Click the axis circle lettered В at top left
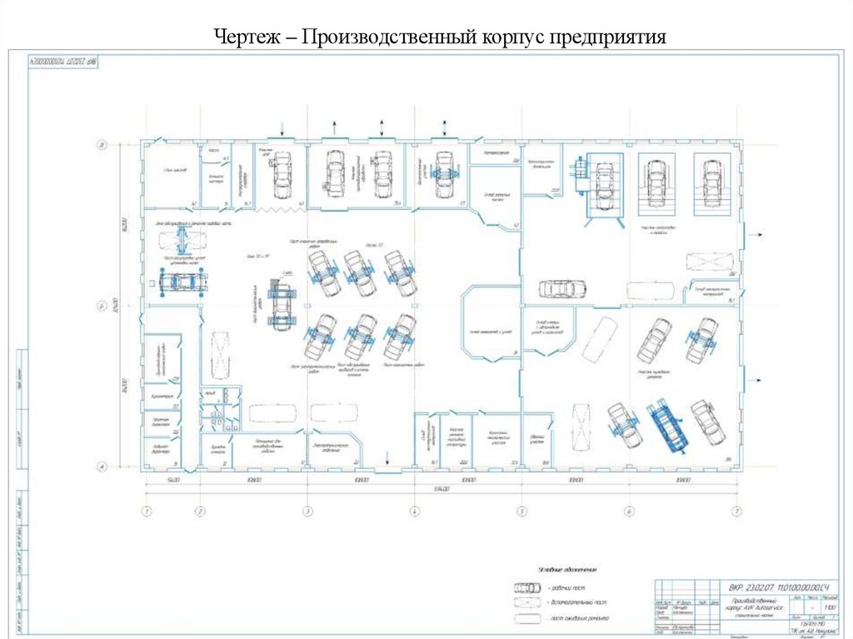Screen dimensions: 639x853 102,146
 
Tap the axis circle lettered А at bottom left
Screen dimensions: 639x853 102,467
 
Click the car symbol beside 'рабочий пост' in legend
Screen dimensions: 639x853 527,587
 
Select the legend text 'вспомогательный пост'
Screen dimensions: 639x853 578,602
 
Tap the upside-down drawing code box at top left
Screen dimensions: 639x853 63,61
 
